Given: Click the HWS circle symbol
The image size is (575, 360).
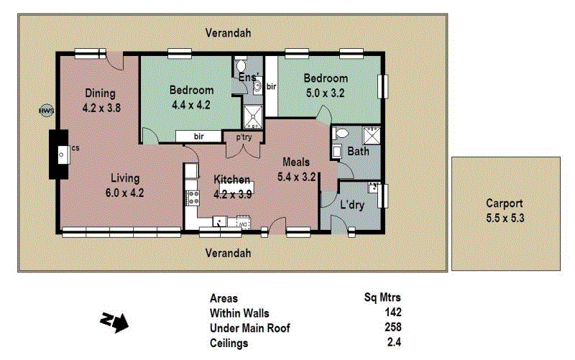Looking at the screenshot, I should (46, 111).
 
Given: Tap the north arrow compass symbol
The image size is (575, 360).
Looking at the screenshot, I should (114, 321).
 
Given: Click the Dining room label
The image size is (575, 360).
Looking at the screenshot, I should (100, 93).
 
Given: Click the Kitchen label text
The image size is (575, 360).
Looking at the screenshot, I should (231, 179).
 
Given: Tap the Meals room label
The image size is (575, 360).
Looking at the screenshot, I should (296, 162).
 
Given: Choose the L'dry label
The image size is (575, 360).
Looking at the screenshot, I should (352, 206).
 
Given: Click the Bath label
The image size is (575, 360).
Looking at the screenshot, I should (358, 152).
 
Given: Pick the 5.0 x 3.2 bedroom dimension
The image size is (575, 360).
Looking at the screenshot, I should (325, 92).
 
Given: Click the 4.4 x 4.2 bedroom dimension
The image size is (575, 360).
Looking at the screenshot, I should (191, 104).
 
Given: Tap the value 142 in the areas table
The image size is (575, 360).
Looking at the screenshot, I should (392, 313).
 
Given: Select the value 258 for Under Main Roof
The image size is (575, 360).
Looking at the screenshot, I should (392, 328).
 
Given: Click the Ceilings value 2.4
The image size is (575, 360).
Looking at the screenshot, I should (394, 343).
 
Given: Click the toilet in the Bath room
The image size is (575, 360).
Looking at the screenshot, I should (341, 134).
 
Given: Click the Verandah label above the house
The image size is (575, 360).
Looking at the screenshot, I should (228, 33).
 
